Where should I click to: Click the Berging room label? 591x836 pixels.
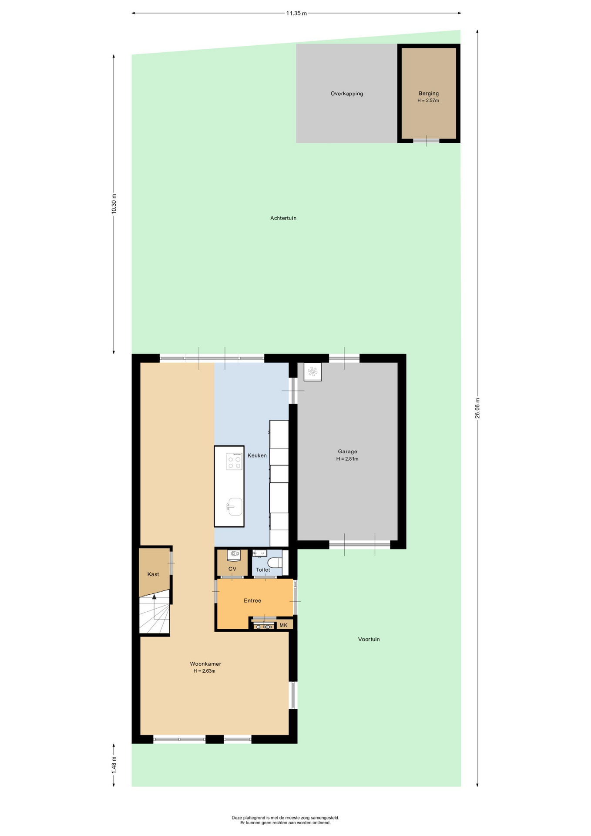click(x=429, y=93)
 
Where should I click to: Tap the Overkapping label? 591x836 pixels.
click(x=347, y=94)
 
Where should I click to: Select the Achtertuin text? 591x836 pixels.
click(x=283, y=218)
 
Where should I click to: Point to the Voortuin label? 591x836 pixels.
click(x=369, y=639)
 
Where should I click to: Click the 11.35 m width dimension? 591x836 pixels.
click(x=296, y=13)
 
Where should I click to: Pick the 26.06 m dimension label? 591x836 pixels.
click(x=477, y=408)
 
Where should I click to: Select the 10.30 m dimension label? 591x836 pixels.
click(x=114, y=204)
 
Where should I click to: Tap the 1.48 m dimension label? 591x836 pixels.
click(x=114, y=765)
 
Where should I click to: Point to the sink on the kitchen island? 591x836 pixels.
click(x=235, y=507)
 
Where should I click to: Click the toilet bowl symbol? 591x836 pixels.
click(x=275, y=563)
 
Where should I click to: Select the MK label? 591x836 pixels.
click(x=283, y=625)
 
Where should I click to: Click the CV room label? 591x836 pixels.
click(x=232, y=569)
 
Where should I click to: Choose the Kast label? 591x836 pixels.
click(x=153, y=574)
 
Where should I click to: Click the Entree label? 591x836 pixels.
click(x=252, y=601)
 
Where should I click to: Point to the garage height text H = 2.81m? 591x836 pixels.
click(x=347, y=459)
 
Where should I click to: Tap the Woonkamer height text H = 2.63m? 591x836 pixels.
click(x=205, y=671)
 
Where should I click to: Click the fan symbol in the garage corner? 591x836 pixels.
click(x=312, y=372)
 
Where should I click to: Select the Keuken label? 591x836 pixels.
click(x=257, y=455)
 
